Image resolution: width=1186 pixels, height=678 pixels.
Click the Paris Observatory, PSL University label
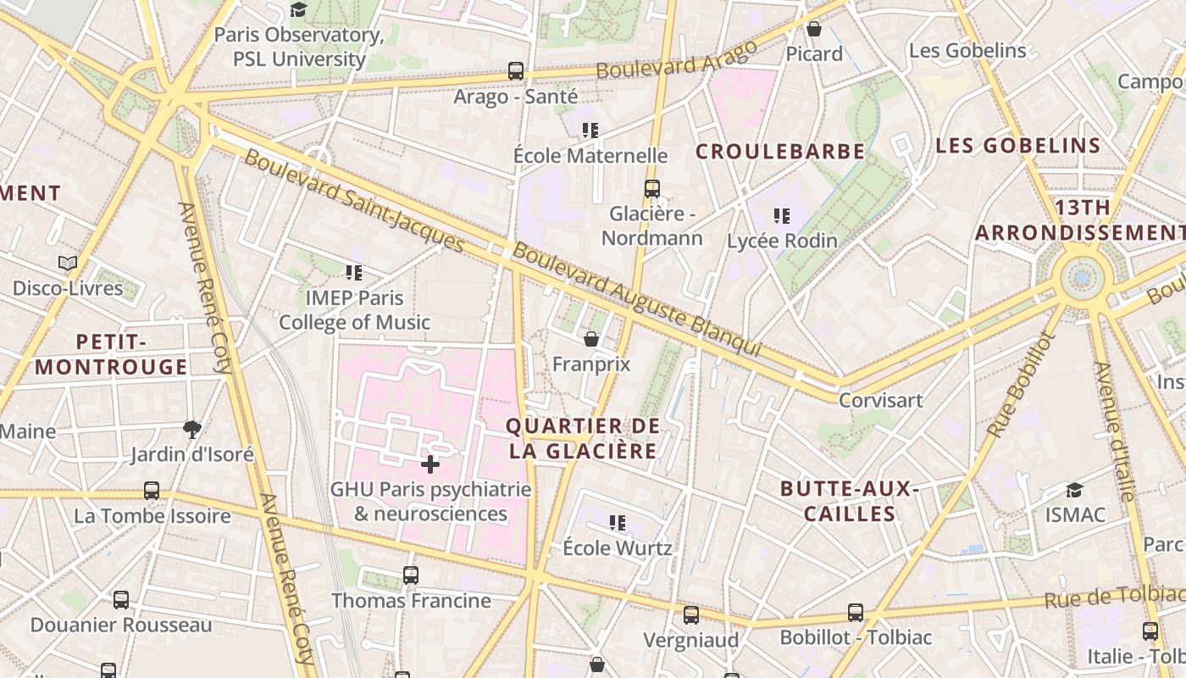299,47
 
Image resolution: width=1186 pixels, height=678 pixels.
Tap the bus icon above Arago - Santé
516,71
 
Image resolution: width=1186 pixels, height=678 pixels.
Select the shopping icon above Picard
814,29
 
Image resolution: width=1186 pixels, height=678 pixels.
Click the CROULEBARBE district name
780,152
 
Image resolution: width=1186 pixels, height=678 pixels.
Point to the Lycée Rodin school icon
782,216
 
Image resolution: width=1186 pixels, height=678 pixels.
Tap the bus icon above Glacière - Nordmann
651,189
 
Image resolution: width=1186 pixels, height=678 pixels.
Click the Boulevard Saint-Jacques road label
354,202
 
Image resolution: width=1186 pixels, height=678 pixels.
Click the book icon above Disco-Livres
68,264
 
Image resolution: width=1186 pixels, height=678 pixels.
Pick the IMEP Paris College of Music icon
354,273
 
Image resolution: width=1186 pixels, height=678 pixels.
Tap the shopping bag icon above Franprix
591,339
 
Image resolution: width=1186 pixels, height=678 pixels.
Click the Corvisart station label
880,400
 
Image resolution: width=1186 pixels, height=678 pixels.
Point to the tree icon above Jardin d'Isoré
192,429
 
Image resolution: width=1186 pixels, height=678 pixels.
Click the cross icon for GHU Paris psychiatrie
430,464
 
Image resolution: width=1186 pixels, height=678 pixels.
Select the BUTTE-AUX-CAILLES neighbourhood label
850,501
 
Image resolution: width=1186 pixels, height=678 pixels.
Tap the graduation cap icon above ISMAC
1074,490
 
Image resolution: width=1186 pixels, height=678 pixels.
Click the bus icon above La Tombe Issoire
152,491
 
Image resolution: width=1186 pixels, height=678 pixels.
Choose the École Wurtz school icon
618,523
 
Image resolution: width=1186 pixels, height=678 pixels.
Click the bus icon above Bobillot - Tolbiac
856,613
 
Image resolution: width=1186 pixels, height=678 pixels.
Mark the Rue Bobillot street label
1022,385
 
